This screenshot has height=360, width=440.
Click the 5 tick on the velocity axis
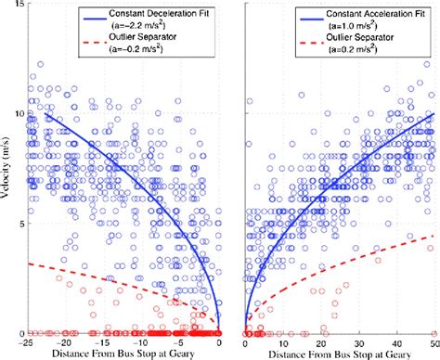pyautogui.click(x=20, y=223)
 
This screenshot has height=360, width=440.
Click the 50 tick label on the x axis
pyautogui.click(x=431, y=341)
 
